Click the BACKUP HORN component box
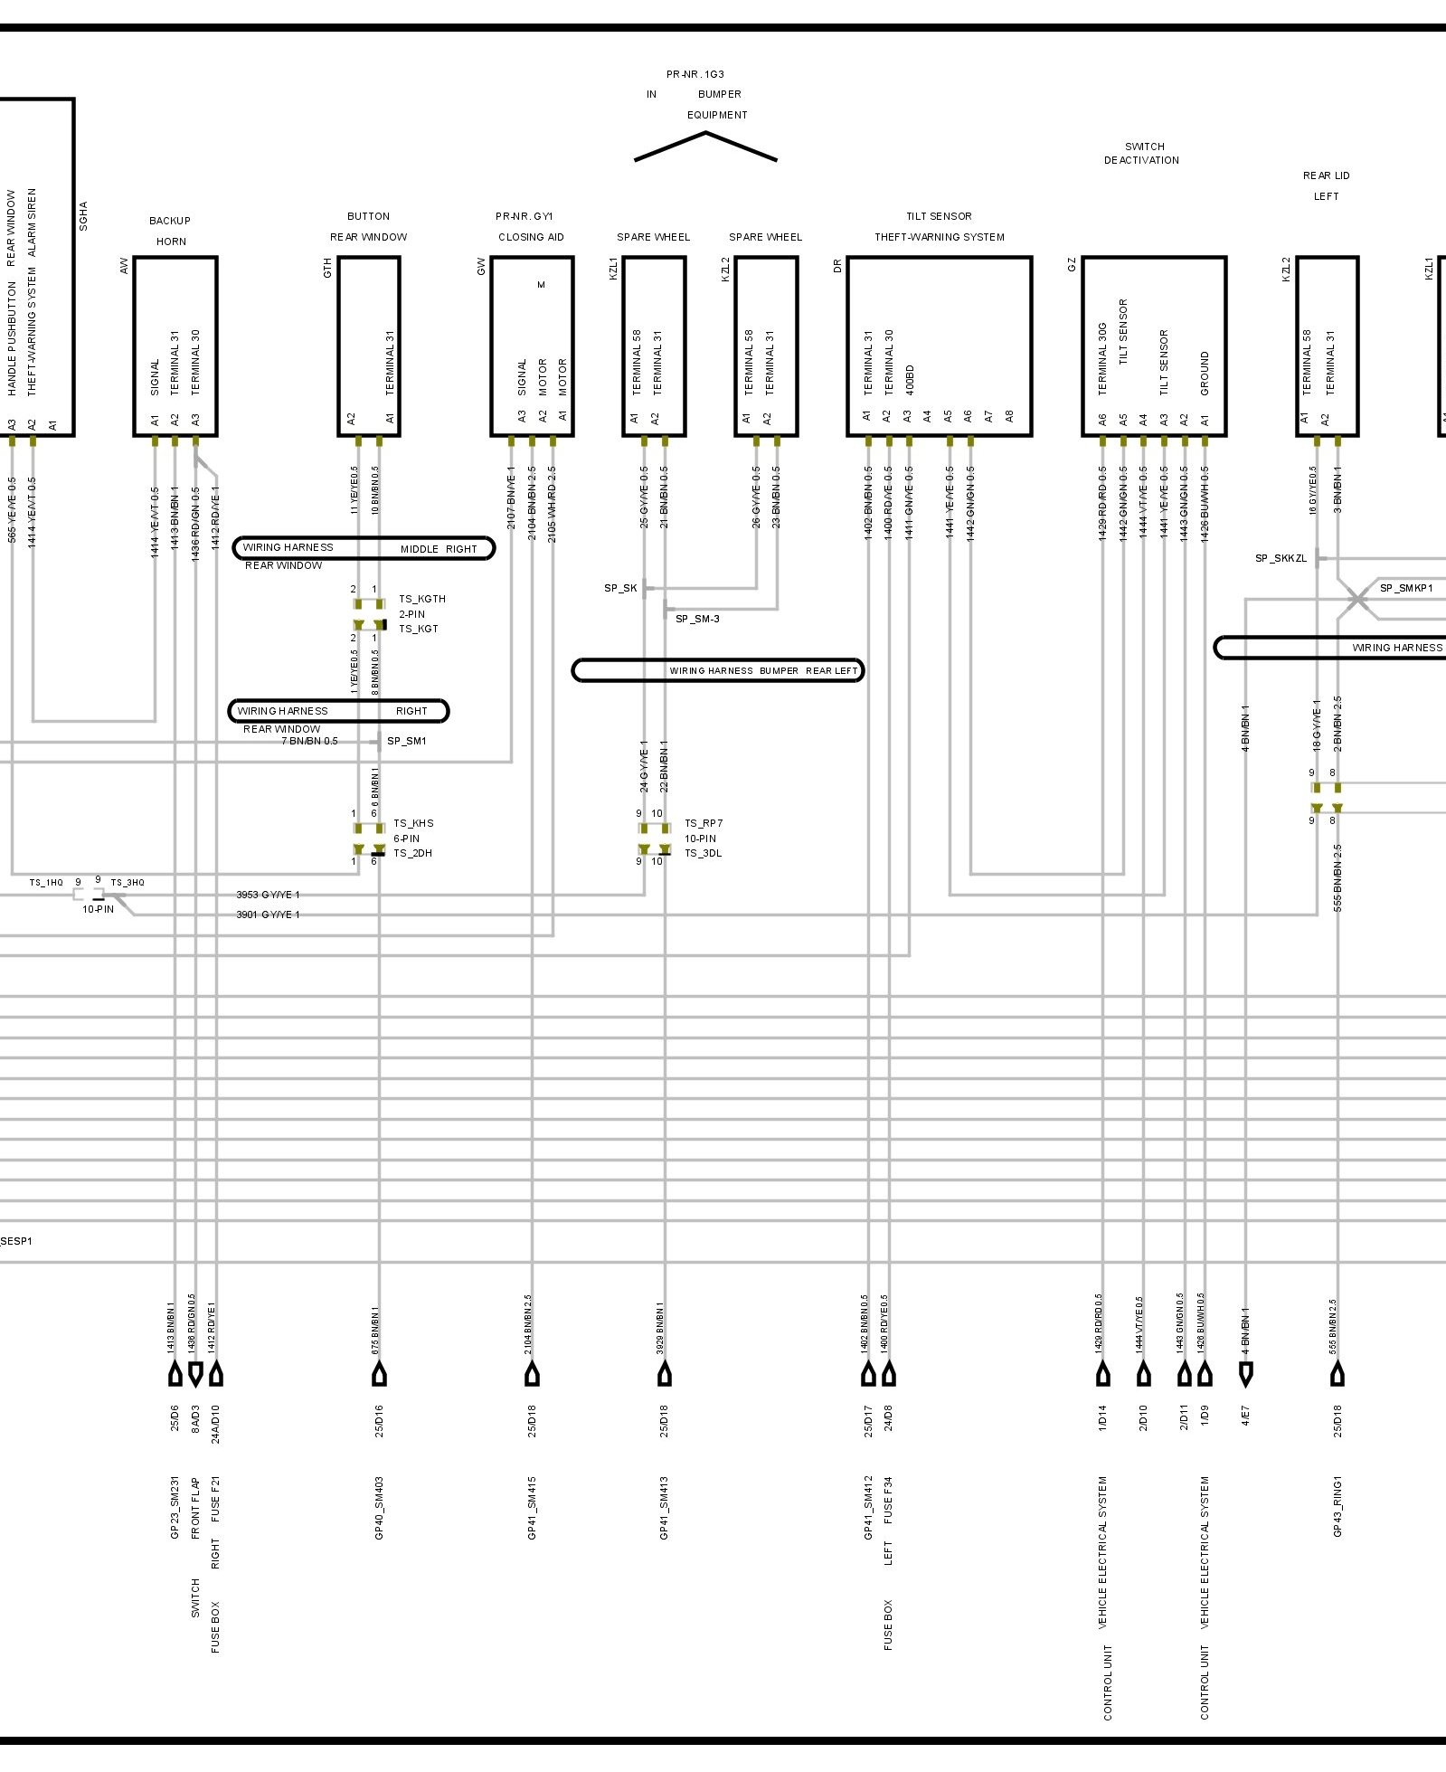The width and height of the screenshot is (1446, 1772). (175, 346)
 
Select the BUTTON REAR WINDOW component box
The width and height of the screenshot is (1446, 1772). (369, 346)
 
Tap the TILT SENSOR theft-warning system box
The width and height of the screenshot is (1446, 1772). (939, 346)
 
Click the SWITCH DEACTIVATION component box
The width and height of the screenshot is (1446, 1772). (1154, 346)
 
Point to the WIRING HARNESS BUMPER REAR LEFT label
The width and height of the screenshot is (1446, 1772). (718, 671)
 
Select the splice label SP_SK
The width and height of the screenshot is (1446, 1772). (620, 589)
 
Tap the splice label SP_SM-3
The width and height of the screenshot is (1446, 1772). (697, 620)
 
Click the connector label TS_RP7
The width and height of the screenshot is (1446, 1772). (704, 824)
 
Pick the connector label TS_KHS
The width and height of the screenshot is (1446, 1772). (413, 824)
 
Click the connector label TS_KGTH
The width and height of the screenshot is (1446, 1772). (421, 600)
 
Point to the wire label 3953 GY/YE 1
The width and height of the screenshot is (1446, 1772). (268, 895)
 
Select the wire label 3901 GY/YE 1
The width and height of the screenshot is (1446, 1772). (268, 915)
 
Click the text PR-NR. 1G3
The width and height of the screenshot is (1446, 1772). (695, 75)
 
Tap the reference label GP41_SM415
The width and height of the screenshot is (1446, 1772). (532, 1508)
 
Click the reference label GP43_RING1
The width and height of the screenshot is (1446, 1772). (1337, 1506)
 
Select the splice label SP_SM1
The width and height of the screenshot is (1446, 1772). (406, 742)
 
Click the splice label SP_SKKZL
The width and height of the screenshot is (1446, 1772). (1281, 559)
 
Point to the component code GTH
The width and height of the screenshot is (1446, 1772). (327, 268)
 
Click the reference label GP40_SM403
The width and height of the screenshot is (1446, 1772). (379, 1508)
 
